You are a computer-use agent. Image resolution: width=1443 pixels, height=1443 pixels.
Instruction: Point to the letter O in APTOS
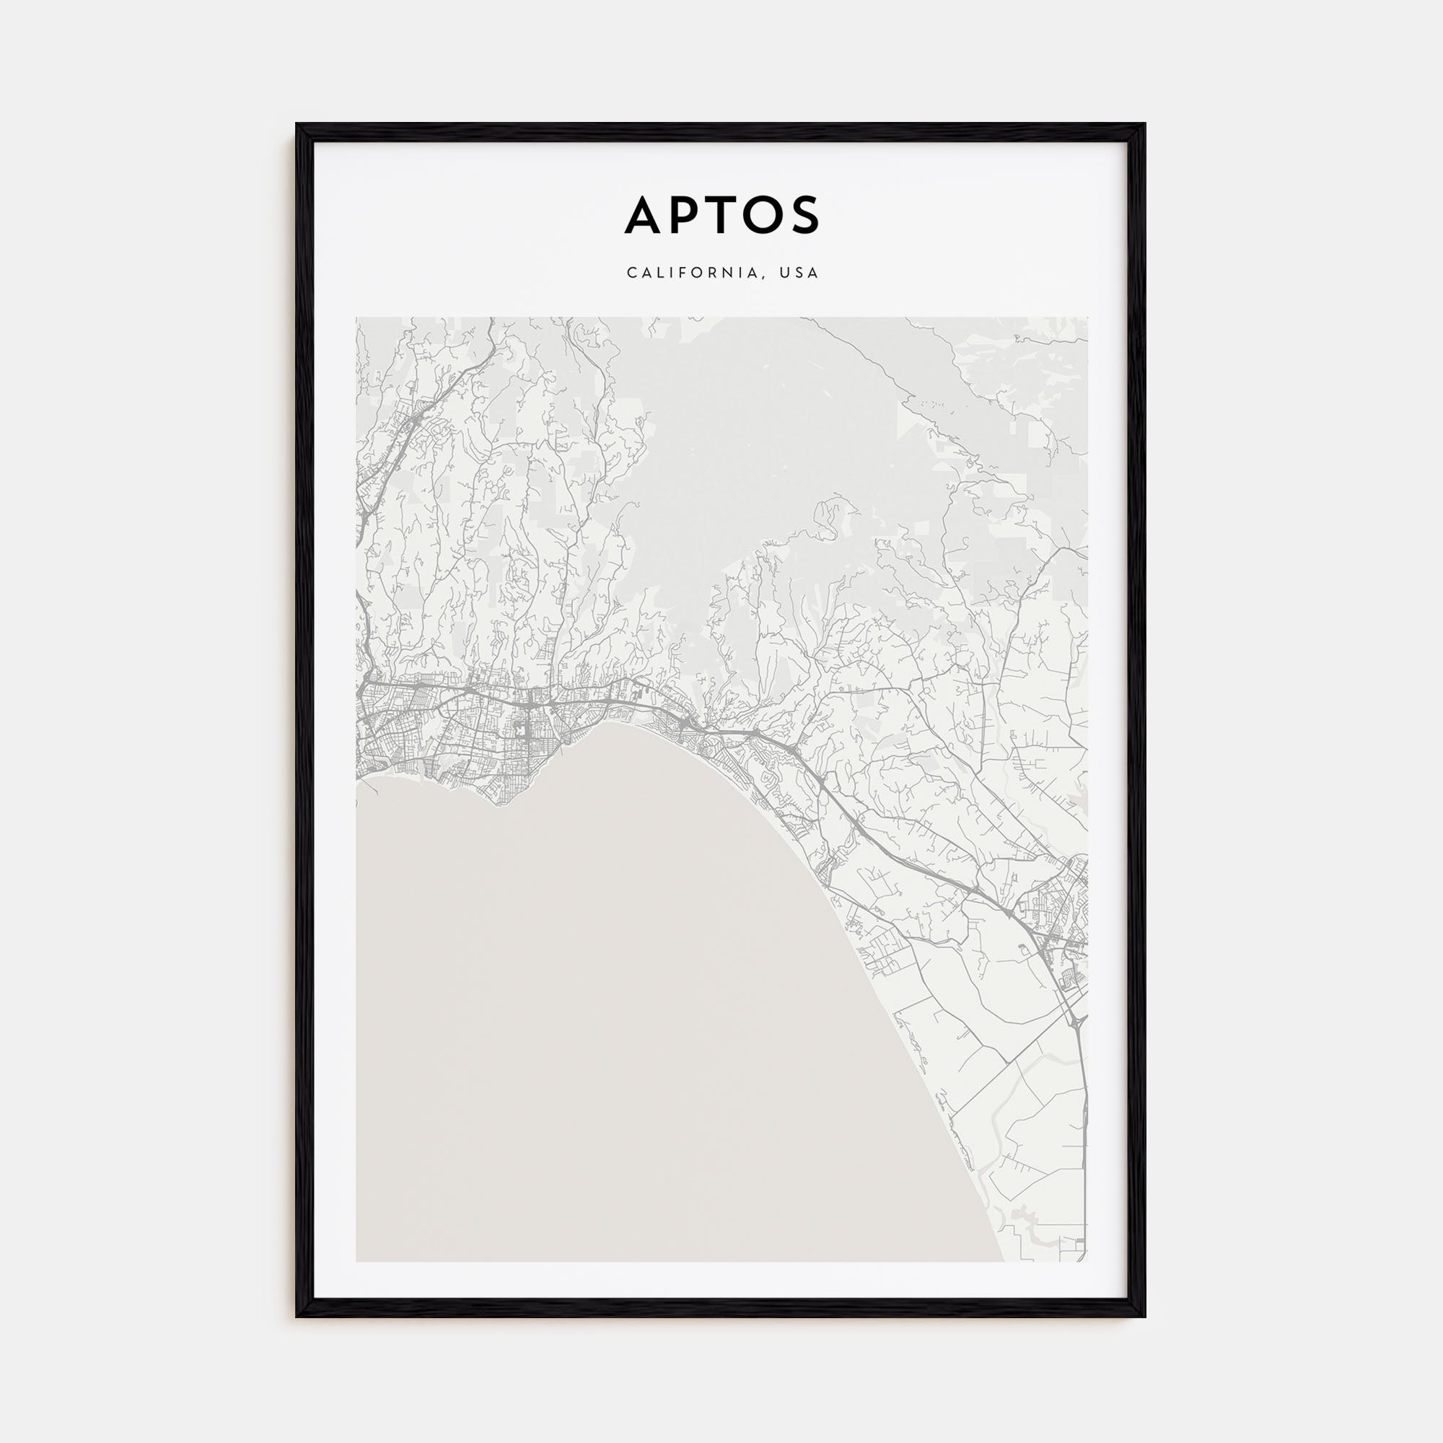click(763, 215)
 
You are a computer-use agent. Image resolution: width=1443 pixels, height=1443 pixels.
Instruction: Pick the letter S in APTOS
click(805, 215)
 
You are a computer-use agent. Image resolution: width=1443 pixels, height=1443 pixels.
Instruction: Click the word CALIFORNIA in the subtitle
click(696, 273)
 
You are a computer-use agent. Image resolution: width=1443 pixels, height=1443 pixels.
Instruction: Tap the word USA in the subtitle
click(799, 273)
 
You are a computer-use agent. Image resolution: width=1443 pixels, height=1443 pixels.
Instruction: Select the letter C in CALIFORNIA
click(632, 273)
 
